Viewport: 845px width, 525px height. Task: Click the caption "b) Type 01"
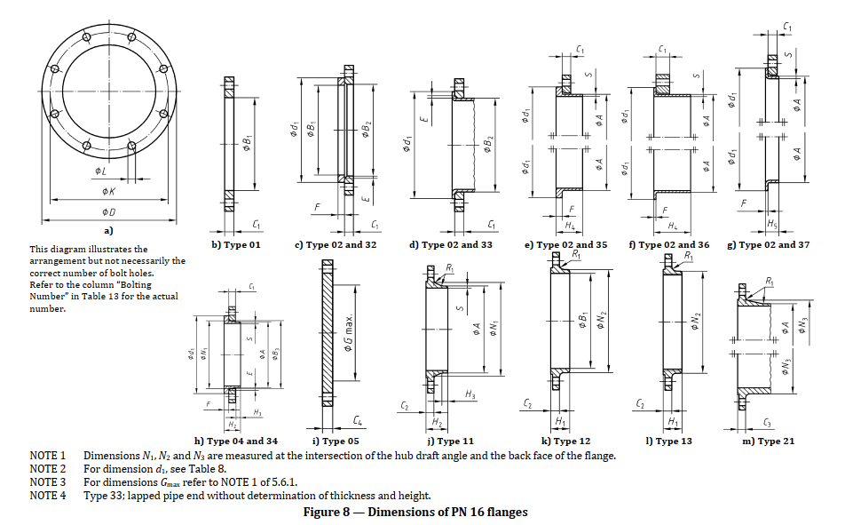click(235, 244)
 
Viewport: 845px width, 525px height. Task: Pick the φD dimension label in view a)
click(108, 211)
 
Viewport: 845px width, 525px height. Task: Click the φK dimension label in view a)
click(108, 191)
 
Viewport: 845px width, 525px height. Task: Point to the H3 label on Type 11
click(470, 394)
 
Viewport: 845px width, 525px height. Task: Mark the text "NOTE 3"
click(48, 481)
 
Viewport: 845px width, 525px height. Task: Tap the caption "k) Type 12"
click(565, 441)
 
